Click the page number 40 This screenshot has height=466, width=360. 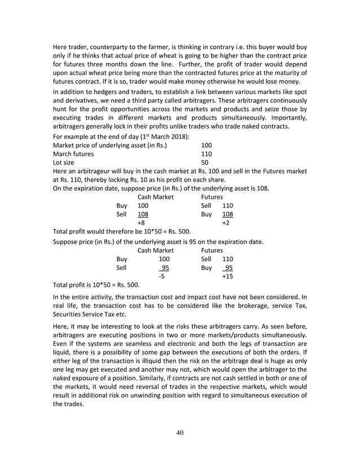180,432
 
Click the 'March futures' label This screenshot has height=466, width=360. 74,153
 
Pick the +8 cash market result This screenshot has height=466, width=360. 142,223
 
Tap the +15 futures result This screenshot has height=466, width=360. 227,276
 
